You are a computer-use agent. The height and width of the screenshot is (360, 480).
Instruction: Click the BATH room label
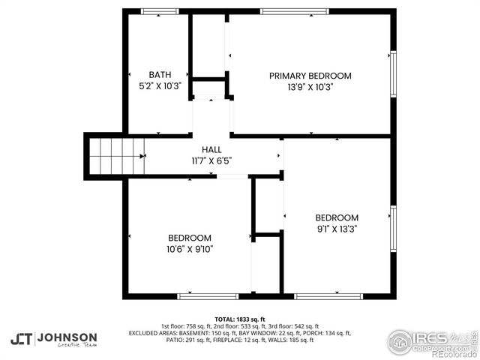coord(159,75)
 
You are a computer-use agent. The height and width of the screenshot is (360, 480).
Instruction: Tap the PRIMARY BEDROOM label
coord(310,76)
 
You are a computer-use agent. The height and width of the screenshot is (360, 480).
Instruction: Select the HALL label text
coord(211,150)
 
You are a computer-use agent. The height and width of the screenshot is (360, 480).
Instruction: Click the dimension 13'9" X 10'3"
coord(310,87)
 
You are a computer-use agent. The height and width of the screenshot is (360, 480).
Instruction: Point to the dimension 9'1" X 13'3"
coord(337,228)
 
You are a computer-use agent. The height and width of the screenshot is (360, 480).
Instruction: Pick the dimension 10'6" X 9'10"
coord(190,249)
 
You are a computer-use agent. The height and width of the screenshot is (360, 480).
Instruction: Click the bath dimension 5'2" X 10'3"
coord(160,86)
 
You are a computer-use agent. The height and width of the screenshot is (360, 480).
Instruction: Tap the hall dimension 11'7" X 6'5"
coord(211,160)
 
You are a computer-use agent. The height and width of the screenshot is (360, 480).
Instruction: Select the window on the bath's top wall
coord(155,11)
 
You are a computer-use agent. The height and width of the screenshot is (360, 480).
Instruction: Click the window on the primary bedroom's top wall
coord(283,11)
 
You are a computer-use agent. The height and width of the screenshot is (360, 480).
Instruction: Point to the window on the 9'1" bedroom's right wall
coord(392,229)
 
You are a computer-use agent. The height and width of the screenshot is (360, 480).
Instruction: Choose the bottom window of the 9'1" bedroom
coord(328,296)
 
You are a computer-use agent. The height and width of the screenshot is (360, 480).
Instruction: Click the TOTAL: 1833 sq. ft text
coord(239,319)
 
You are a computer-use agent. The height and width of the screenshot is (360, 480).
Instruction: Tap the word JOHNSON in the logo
coord(67,337)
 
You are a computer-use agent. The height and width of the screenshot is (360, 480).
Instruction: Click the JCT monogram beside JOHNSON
coord(21,339)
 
